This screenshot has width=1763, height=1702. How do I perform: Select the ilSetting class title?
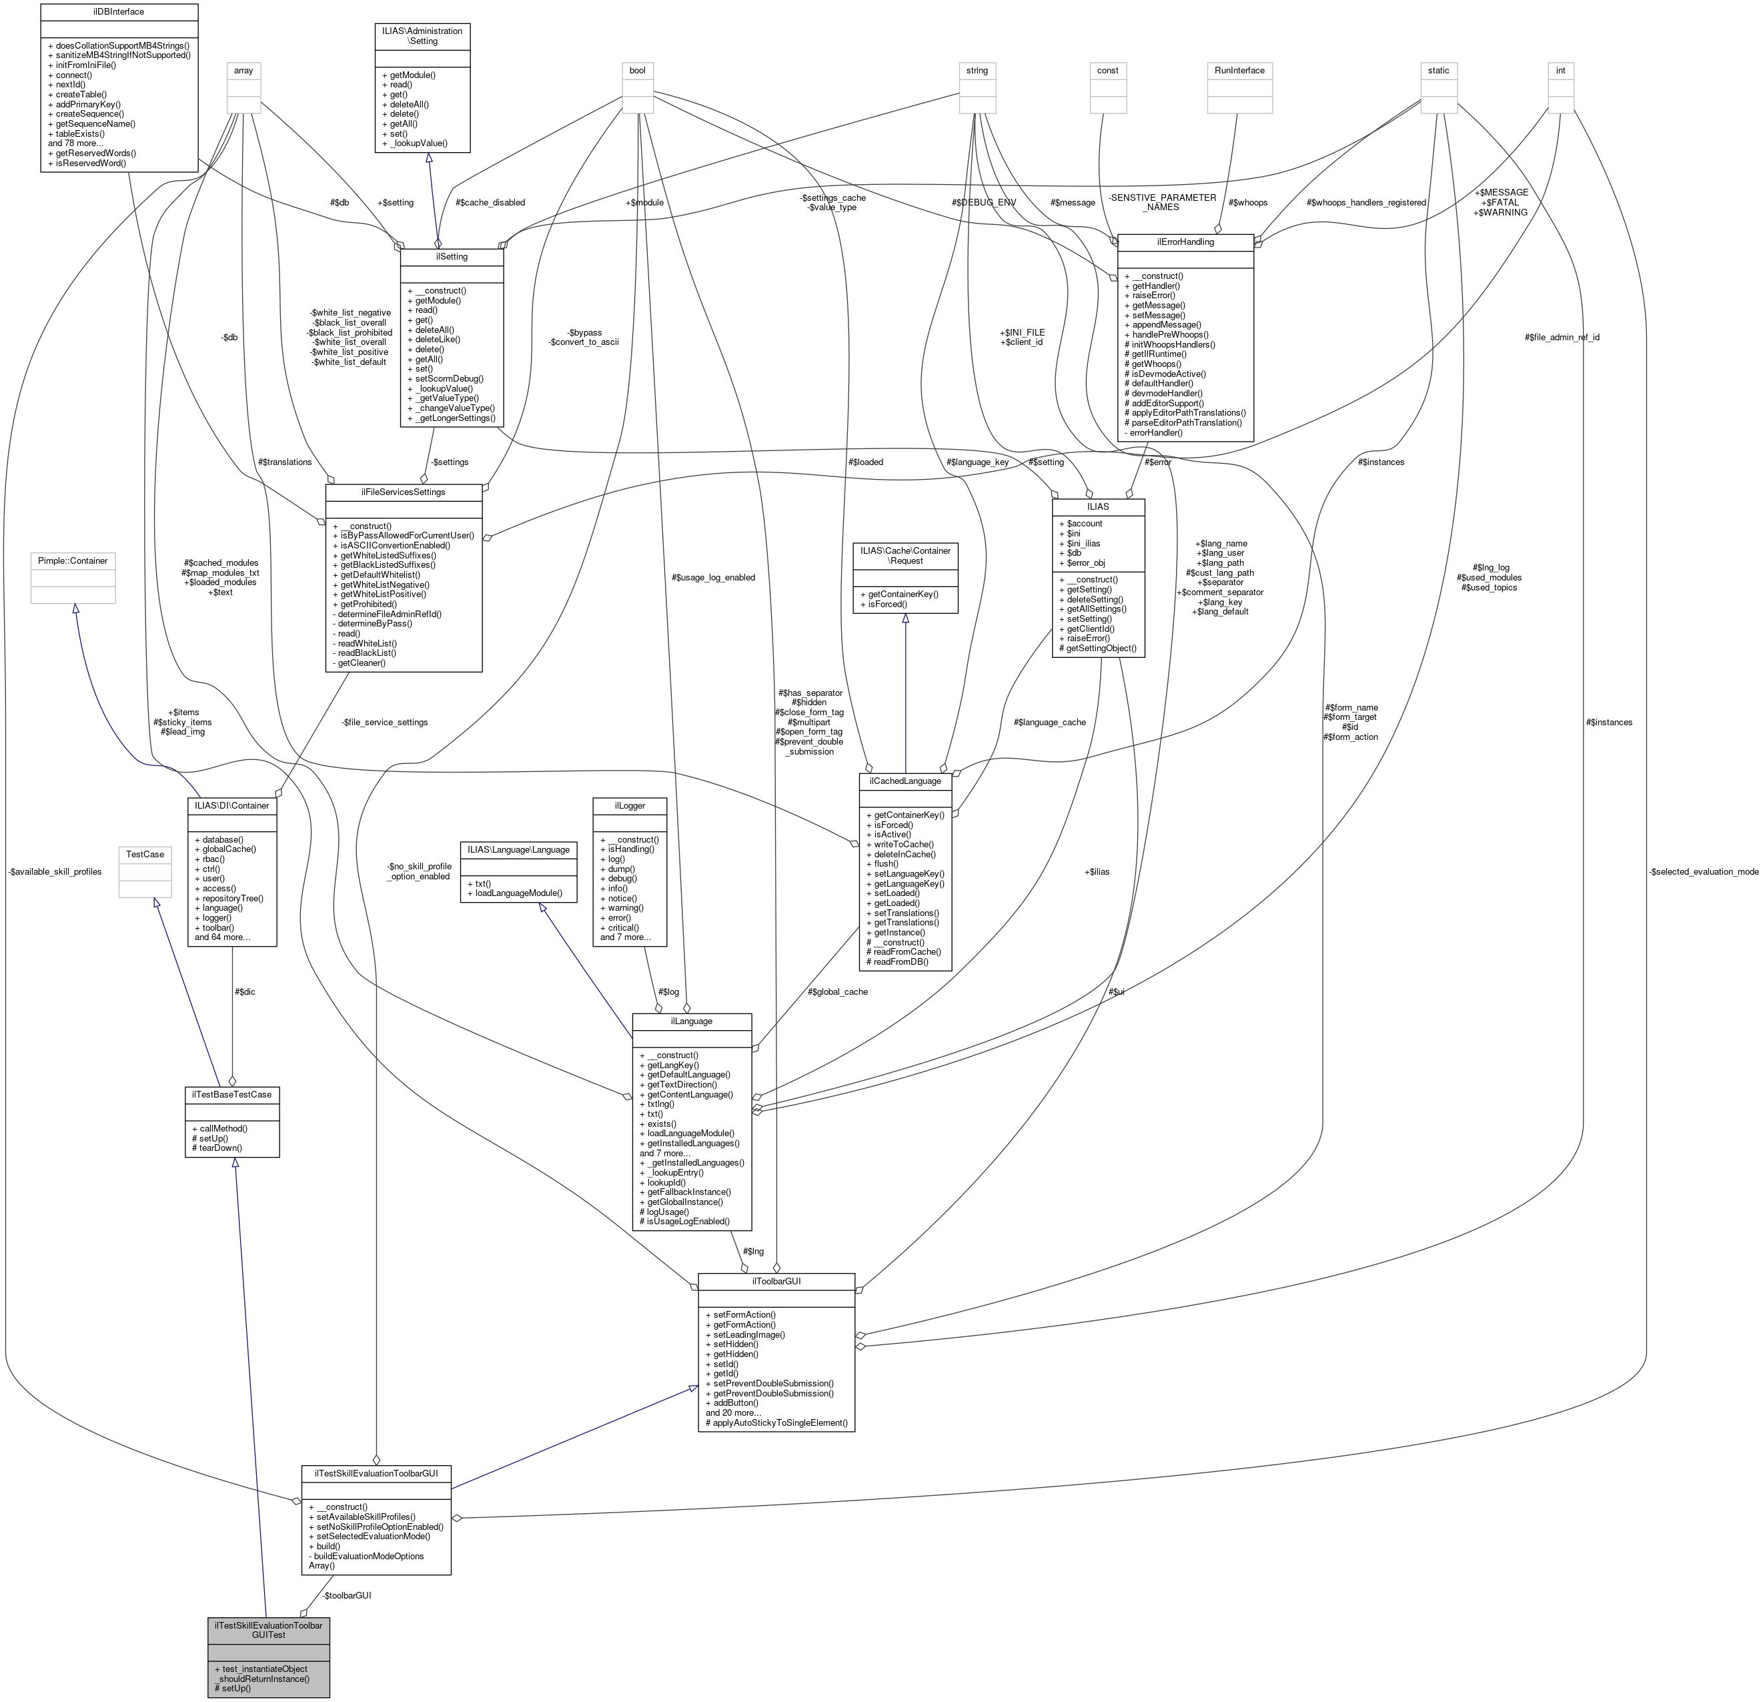[x=452, y=256]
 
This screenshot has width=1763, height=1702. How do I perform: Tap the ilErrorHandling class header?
[x=1185, y=242]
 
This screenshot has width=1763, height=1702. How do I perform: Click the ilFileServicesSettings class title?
[x=403, y=492]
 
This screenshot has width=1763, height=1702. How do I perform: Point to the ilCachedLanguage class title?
[x=905, y=781]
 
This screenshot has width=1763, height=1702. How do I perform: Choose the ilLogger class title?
[x=630, y=805]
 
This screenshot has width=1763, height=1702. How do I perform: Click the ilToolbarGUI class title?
[x=776, y=1280]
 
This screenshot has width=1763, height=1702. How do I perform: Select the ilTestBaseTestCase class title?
[x=232, y=1094]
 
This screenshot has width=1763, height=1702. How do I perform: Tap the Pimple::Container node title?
[x=73, y=560]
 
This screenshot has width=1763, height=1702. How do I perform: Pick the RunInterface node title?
[x=1239, y=70]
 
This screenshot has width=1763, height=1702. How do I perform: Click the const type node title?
[x=1107, y=70]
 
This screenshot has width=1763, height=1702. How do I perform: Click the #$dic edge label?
[x=245, y=991]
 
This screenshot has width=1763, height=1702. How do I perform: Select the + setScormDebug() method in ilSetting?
[x=449, y=379]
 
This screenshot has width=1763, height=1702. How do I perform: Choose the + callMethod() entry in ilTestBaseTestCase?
[x=219, y=1128]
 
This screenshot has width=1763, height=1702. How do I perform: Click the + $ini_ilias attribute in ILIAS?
[x=1079, y=543]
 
